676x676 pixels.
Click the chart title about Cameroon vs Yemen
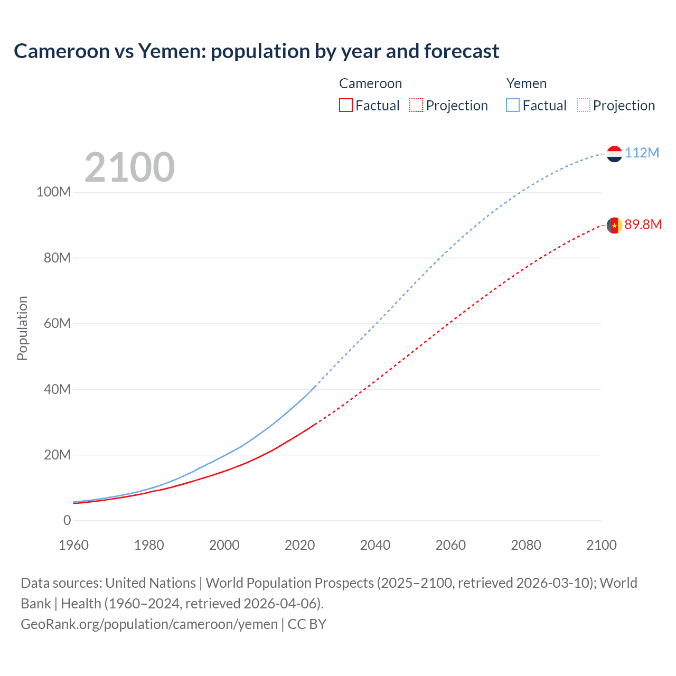coord(256,51)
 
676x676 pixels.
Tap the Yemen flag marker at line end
coord(614,154)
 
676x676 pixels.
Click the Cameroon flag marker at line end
coord(614,226)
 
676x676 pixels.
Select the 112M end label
coord(642,153)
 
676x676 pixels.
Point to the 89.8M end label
coord(643,225)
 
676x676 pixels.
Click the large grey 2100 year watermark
coord(129,167)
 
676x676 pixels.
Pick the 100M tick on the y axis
coord(53,192)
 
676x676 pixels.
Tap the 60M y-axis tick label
coord(57,323)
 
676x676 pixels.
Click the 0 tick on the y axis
coord(67,521)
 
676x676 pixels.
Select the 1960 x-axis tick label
coord(73,546)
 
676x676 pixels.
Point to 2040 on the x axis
coord(375,546)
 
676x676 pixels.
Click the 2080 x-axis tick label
coord(526,546)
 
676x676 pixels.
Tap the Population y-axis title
coord(22,328)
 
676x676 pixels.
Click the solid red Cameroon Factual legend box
coord(345,106)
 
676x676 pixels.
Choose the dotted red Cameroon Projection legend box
coord(416,106)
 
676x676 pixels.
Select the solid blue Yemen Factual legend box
coord(513,106)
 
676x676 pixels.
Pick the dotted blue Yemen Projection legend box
coord(583,106)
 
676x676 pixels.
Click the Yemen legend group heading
coord(526,83)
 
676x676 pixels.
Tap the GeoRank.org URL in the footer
coord(149,624)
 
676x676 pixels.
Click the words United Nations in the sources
coord(151,583)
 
